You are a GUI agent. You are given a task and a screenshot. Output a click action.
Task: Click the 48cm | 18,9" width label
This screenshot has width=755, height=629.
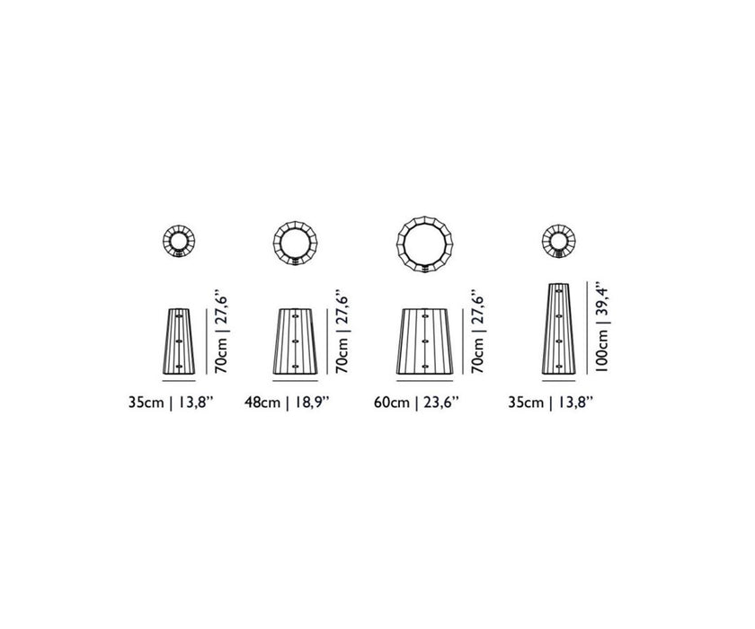pos(287,403)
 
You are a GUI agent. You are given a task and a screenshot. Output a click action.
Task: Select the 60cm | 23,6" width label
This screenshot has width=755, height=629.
pos(416,403)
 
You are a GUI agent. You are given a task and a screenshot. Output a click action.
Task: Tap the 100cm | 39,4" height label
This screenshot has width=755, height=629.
pos(602,330)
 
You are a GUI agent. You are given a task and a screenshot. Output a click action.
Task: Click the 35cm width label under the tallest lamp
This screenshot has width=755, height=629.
pos(550,403)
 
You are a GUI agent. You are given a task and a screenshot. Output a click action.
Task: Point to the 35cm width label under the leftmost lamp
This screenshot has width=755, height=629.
pos(171,403)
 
